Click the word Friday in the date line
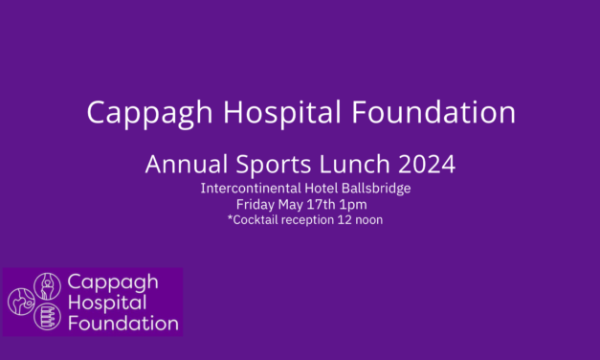pos(256,203)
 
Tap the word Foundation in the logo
pos(122,323)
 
